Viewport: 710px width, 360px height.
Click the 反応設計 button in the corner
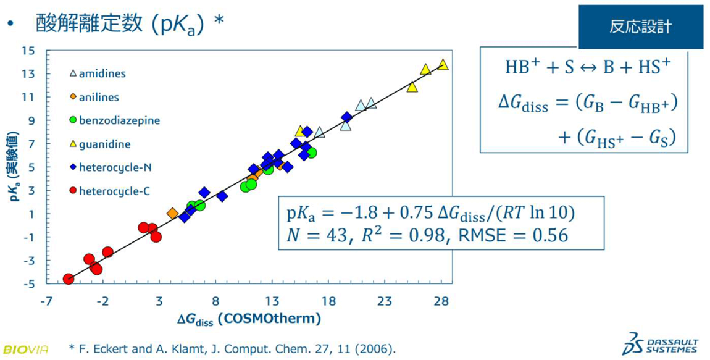tap(640, 27)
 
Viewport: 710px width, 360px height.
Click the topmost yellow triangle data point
tap(443, 64)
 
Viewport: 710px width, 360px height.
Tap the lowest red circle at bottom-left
tap(69, 279)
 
